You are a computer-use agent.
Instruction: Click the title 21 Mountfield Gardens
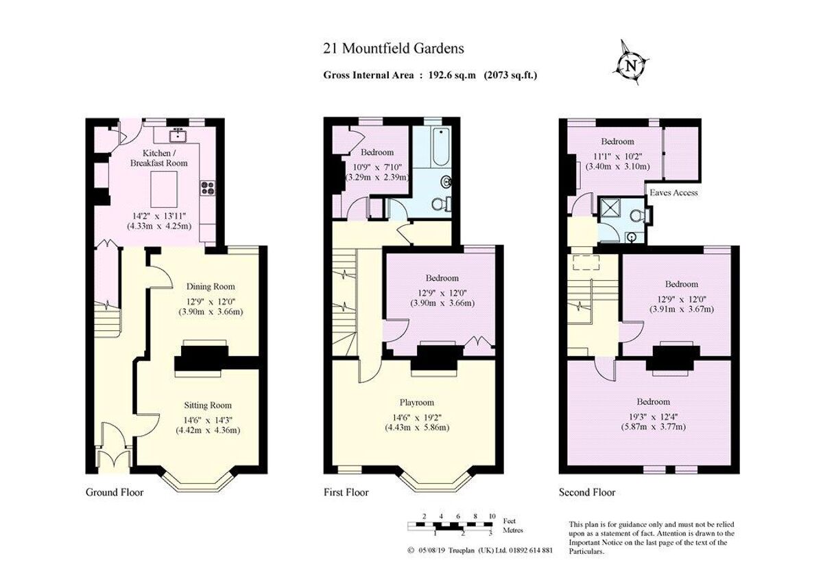(x=393, y=48)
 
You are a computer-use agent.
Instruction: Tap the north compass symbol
(x=630, y=65)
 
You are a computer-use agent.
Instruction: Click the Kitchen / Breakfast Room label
(x=158, y=158)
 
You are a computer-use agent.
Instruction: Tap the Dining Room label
(x=211, y=287)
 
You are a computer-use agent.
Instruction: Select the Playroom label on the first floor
(x=417, y=403)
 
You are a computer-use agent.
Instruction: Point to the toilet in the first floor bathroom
(x=448, y=203)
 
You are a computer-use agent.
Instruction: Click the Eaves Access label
(x=675, y=193)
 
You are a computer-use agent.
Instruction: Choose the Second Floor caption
(x=587, y=492)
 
